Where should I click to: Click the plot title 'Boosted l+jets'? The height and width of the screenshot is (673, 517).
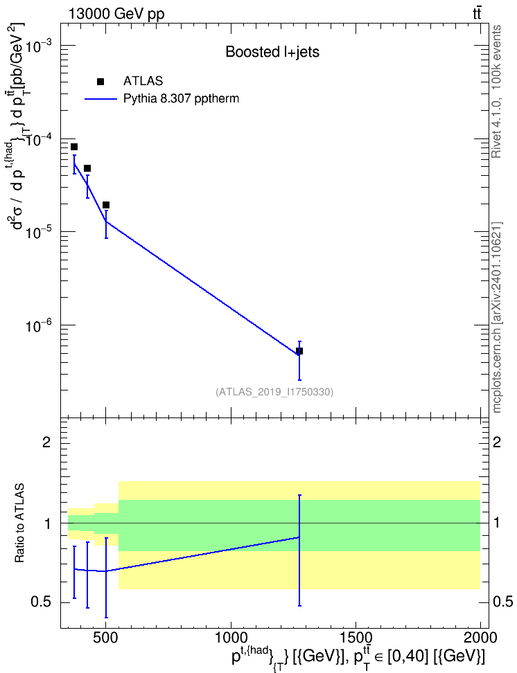click(x=272, y=53)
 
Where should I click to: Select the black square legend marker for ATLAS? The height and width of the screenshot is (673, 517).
click(x=100, y=82)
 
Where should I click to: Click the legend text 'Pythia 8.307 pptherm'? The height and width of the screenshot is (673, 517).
click(x=182, y=99)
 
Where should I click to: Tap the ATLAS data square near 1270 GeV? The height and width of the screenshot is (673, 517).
click(x=299, y=351)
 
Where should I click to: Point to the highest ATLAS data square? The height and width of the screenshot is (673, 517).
click(x=74, y=147)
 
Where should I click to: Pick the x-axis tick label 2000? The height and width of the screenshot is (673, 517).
click(x=480, y=638)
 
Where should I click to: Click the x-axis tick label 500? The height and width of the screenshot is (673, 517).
click(x=106, y=638)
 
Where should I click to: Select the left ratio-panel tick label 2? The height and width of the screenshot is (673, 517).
click(x=46, y=442)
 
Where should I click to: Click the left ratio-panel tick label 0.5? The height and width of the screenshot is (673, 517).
click(x=42, y=602)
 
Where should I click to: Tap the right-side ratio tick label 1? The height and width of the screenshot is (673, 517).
click(x=497, y=523)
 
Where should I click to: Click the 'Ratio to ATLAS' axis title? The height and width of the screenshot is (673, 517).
click(x=19, y=523)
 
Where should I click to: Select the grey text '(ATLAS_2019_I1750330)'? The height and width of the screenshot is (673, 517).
click(x=274, y=392)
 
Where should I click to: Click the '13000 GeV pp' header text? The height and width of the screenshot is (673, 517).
click(x=116, y=14)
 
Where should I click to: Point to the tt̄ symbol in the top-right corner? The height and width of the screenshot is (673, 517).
click(x=477, y=13)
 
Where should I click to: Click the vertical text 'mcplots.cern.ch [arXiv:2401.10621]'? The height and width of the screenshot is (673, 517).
click(x=497, y=317)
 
